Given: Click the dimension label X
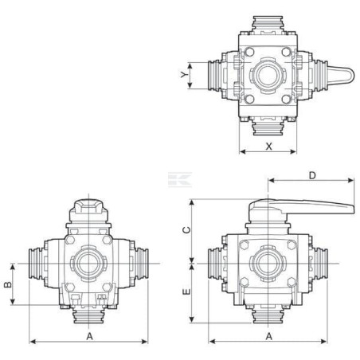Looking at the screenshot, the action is click(269, 146).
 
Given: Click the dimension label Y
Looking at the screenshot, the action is click(184, 74).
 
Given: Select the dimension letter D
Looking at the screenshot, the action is click(312, 175).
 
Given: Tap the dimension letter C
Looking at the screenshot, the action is click(187, 230).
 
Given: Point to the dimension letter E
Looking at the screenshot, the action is click(187, 292).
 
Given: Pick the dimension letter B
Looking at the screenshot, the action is click(8, 284).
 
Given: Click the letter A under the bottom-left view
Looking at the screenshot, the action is click(90, 336).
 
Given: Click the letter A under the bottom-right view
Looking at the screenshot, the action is click(269, 336).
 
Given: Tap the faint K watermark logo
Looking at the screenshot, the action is click(180, 180).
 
